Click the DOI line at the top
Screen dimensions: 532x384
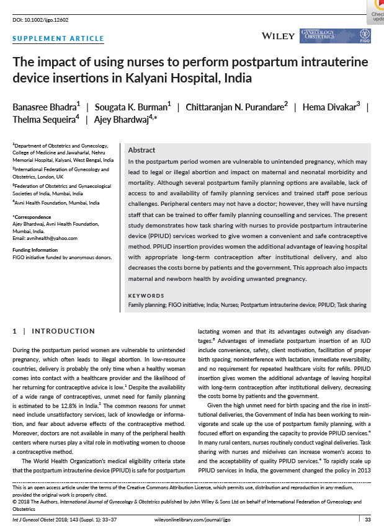(40, 20)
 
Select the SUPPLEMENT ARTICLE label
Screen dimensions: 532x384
(58, 38)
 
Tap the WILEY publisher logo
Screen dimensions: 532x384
(279, 36)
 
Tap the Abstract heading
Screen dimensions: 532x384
(141, 150)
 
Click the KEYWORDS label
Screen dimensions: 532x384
(146, 296)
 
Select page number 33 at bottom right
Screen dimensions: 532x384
(367, 518)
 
